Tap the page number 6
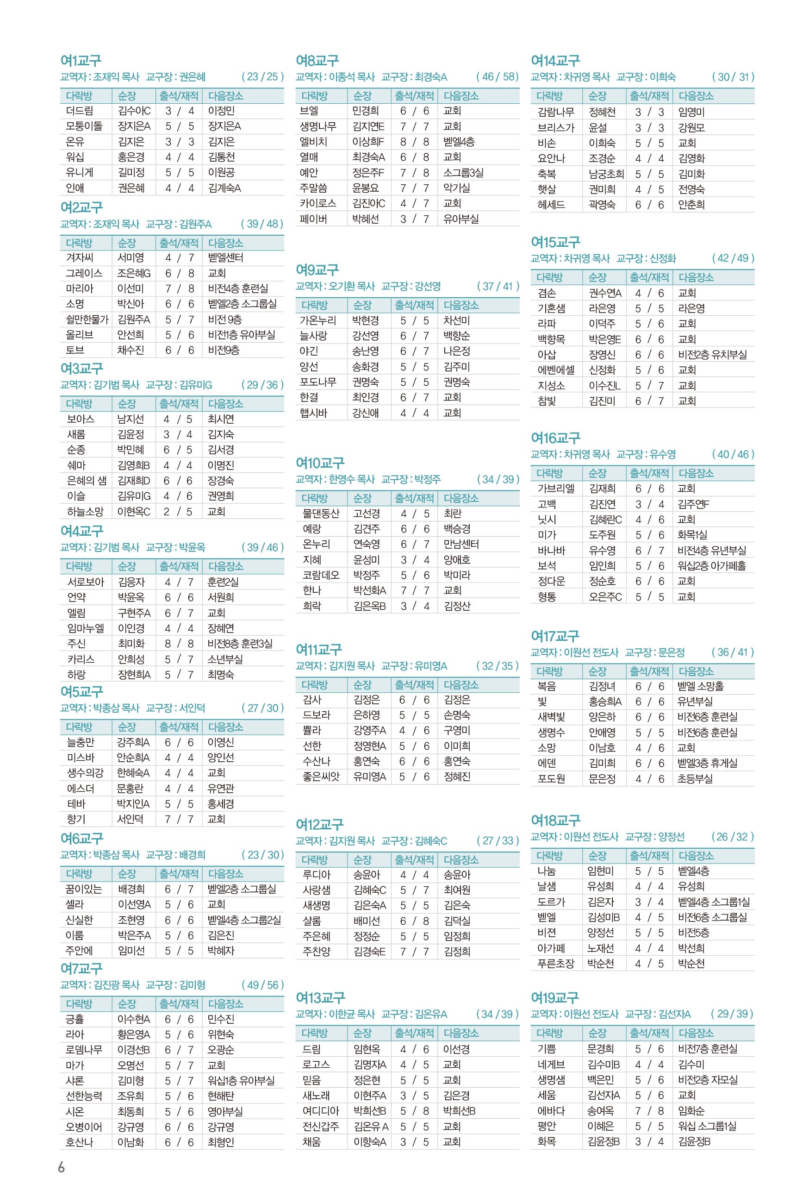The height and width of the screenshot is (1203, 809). [62, 1167]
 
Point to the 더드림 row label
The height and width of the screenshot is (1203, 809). [80, 111]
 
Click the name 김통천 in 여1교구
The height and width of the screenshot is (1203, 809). [221, 157]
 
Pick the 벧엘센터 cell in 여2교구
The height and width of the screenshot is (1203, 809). [225, 257]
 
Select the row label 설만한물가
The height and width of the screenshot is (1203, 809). [87, 320]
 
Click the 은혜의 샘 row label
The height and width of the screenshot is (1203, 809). [86, 481]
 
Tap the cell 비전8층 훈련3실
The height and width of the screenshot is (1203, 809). [239, 644]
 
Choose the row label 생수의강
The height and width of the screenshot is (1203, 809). [85, 773]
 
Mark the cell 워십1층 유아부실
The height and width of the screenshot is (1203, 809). [241, 1081]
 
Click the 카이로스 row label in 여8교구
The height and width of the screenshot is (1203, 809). [317, 203]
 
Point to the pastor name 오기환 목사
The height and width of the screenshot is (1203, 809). [351, 286]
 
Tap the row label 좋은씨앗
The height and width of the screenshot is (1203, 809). [321, 777]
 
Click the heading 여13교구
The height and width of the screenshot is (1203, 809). [319, 997]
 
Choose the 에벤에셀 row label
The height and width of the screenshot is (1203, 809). [555, 370]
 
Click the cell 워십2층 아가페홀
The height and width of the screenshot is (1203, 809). [711, 566]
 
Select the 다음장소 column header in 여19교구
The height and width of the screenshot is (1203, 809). [696, 1033]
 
